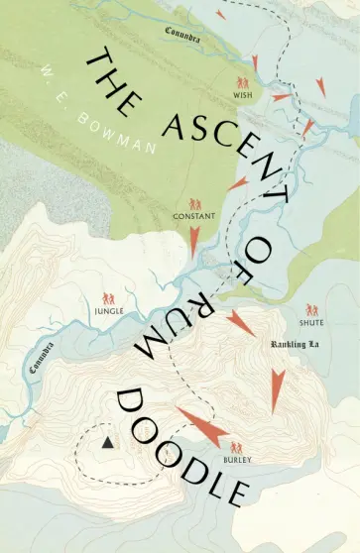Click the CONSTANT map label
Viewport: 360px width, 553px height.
(194, 216)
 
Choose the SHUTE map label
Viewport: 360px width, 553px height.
(311, 324)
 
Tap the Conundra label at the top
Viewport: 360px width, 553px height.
(183, 33)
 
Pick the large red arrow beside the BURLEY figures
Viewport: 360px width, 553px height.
(202, 424)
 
